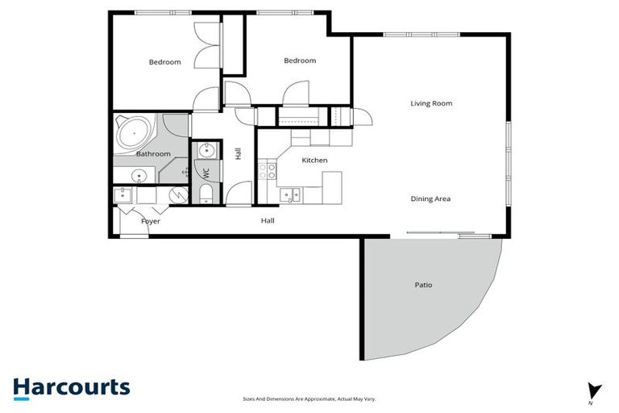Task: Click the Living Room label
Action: tap(431, 103)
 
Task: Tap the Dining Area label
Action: tap(430, 198)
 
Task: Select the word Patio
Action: tap(423, 285)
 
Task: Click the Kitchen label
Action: tap(314, 161)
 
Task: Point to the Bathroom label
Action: tap(152, 154)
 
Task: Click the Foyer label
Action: tap(151, 221)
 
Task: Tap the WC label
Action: tap(206, 173)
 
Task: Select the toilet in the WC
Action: tap(205, 193)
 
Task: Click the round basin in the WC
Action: tap(205, 149)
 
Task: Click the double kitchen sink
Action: tap(289, 194)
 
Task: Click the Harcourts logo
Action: tap(71, 387)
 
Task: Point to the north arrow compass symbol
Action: tap(595, 391)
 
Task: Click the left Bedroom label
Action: tap(164, 62)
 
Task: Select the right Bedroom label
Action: tap(299, 60)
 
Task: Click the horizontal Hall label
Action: tap(268, 220)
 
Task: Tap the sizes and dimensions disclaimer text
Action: tap(309, 398)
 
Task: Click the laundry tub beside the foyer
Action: tap(122, 194)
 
